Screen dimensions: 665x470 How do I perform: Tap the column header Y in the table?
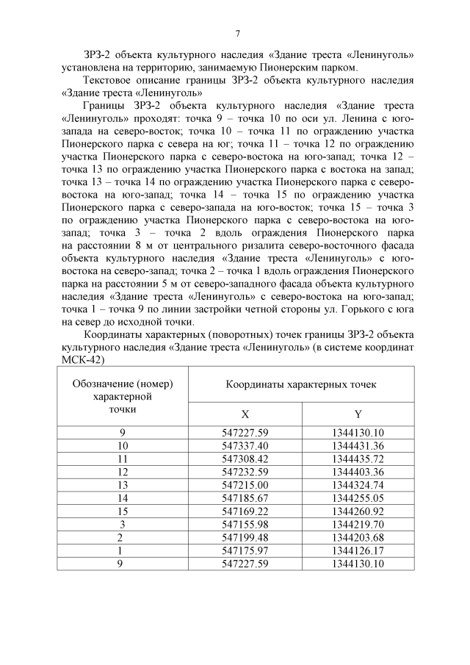[x=358, y=414]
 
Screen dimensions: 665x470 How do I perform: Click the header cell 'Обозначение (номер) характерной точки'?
[x=123, y=397]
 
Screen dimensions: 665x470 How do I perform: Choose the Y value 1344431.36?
[x=358, y=445]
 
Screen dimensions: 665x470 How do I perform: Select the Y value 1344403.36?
[x=358, y=471]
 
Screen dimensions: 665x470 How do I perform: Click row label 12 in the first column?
[x=123, y=471]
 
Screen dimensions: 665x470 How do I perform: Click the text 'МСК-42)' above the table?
[x=81, y=360]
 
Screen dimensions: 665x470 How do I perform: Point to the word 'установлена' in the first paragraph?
[x=90, y=67]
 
